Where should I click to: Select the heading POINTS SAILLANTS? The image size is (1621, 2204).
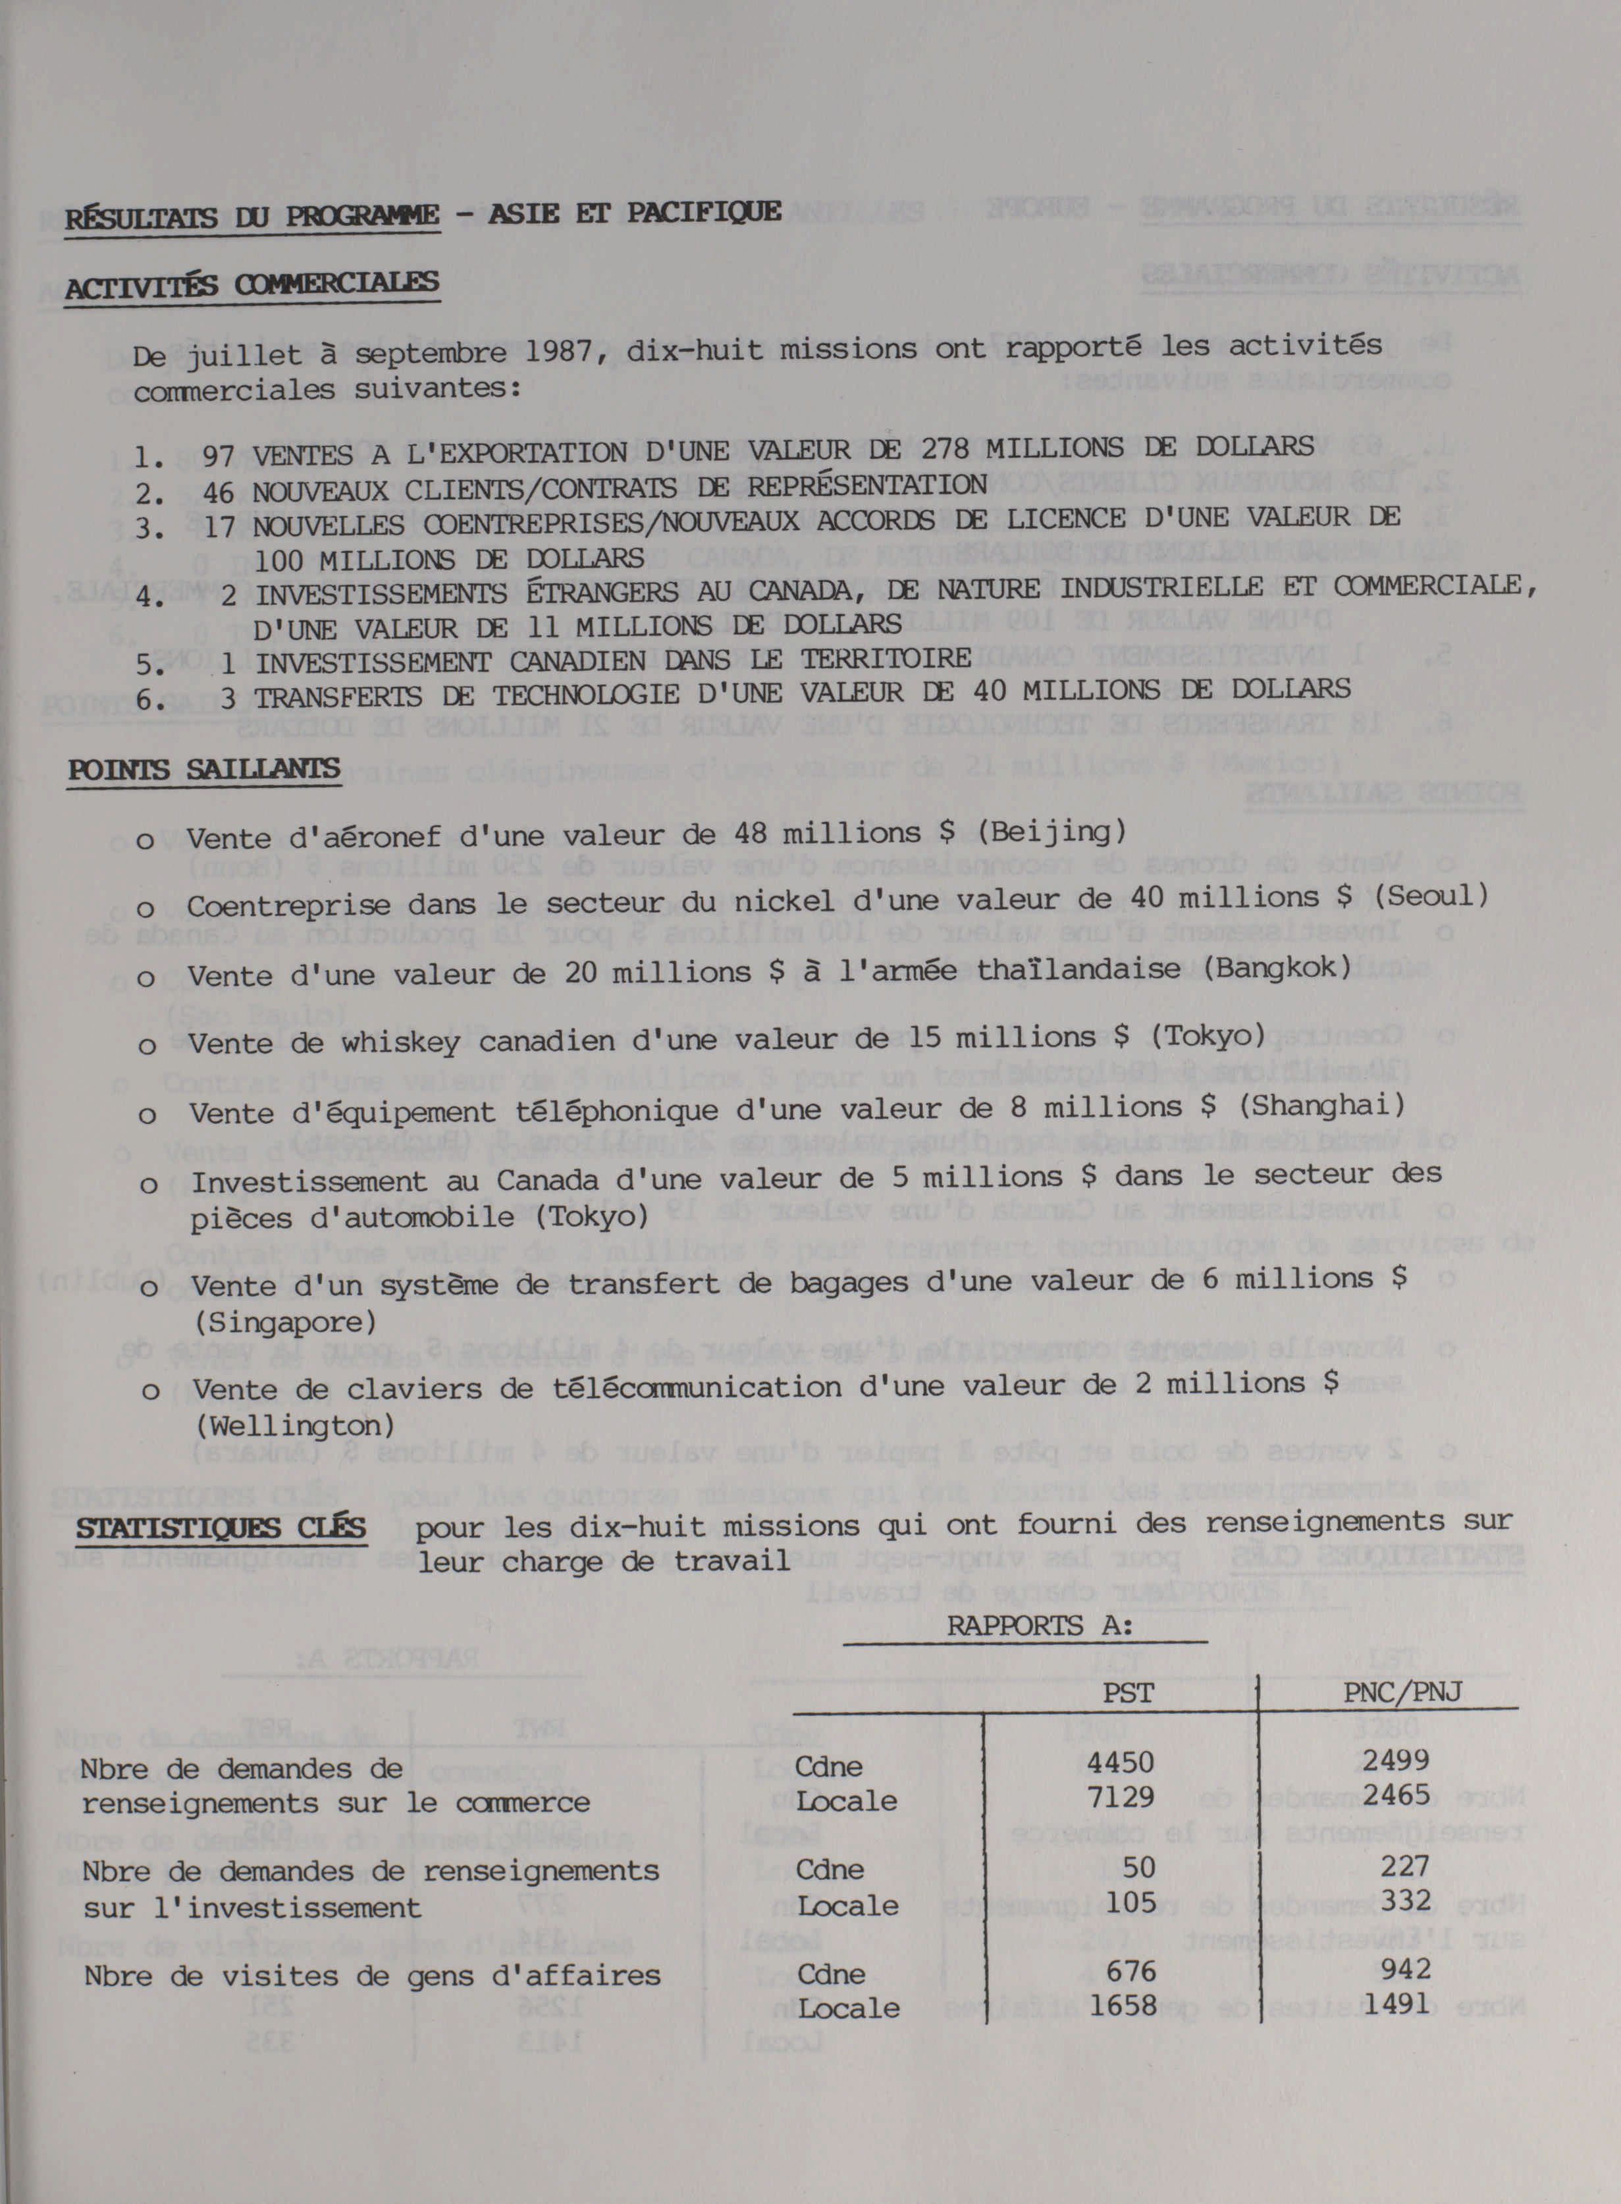pos(204,768)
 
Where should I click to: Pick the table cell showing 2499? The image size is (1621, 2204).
pos(1395,1760)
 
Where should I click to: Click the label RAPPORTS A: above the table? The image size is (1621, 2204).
pos(1039,1626)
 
